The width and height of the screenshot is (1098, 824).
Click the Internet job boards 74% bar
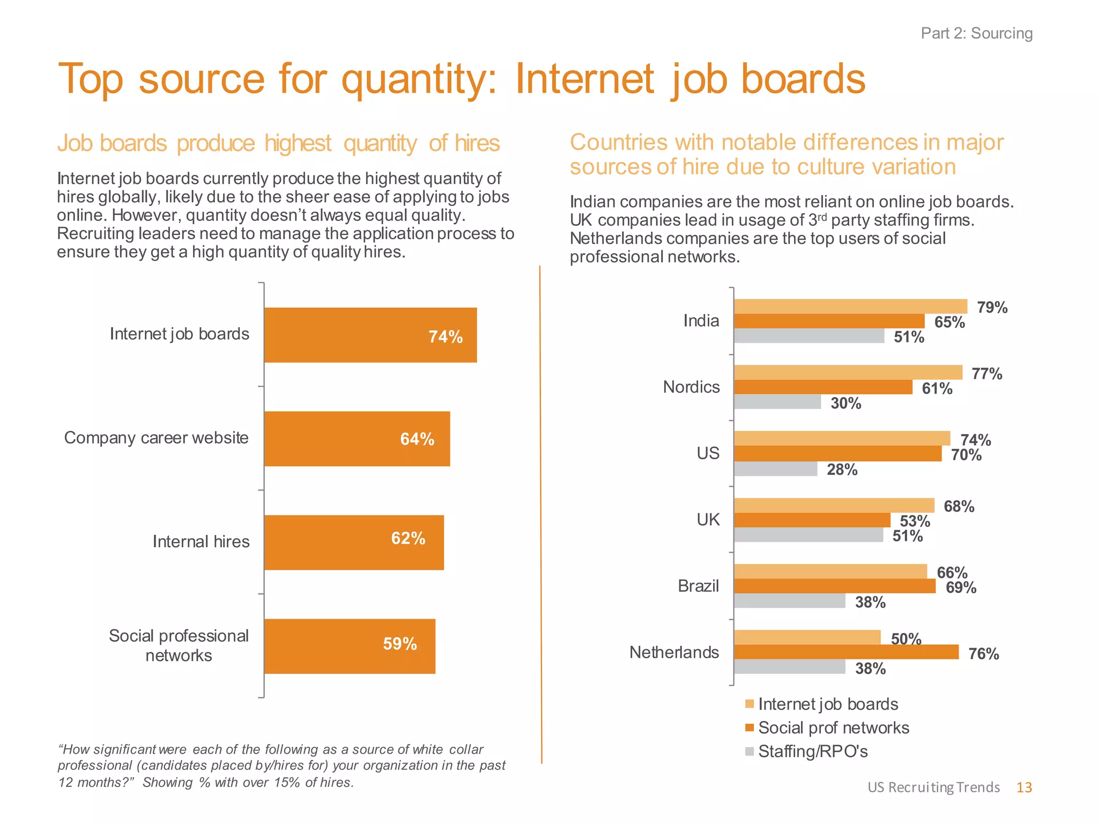tap(370, 335)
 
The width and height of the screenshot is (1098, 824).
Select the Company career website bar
tap(357, 438)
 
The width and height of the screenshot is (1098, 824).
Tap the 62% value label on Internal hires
tap(408, 538)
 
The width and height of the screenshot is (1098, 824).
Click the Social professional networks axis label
tap(179, 645)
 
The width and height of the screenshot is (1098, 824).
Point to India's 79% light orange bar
tap(850, 306)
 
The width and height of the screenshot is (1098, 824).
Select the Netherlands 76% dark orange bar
tap(845, 652)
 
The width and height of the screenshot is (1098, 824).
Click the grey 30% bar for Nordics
tap(777, 402)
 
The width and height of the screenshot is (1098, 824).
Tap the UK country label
tap(708, 519)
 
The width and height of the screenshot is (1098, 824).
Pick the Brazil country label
tap(698, 586)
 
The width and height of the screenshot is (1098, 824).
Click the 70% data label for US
tap(966, 455)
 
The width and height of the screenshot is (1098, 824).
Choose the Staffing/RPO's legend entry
tap(812, 751)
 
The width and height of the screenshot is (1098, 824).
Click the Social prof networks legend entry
tap(833, 727)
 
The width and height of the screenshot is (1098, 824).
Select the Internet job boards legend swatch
tap(750, 704)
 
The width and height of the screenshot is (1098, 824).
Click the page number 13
tap(1023, 787)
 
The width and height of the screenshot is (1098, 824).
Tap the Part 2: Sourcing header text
tap(976, 33)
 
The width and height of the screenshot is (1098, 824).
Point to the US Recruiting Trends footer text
tap(933, 787)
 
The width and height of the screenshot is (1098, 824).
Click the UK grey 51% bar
tap(808, 535)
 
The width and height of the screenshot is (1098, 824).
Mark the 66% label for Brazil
tap(952, 572)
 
